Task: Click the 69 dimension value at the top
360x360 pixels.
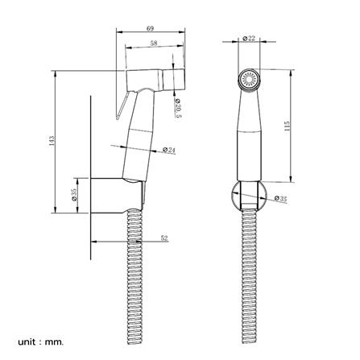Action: click(151, 28)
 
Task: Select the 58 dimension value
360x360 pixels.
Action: click(154, 43)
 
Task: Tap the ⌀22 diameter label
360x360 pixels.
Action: click(249, 39)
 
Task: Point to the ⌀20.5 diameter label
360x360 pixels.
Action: click(178, 108)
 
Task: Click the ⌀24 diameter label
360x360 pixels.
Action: click(169, 150)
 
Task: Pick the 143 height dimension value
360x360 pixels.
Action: click(52, 141)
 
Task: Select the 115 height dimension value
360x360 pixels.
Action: click(287, 126)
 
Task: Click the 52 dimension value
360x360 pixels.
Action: click(164, 238)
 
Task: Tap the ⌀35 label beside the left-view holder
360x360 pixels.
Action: click(74, 195)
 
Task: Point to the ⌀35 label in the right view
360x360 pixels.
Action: click(281, 199)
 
